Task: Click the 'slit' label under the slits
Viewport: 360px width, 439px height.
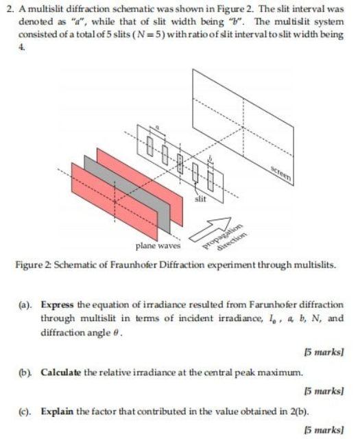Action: coord(200,199)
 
